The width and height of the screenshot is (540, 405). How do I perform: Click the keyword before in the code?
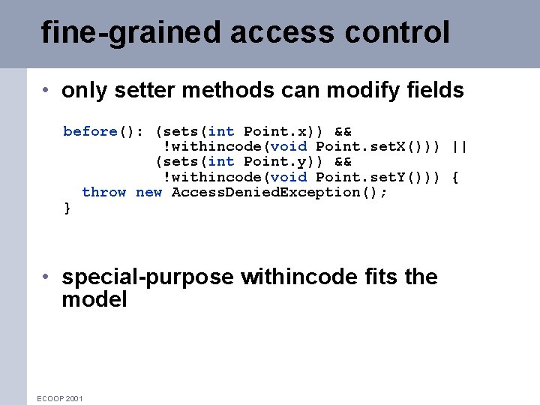pyautogui.click(x=90, y=131)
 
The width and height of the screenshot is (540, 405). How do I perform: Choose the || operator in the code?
pyautogui.click(x=460, y=146)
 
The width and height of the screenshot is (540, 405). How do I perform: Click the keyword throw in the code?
pyautogui.click(x=103, y=192)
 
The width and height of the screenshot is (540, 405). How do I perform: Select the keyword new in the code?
pyautogui.click(x=148, y=192)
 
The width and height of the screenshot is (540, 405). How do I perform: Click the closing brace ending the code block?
pyautogui.click(x=67, y=208)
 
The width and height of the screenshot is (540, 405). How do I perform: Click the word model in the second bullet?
pyautogui.click(x=94, y=300)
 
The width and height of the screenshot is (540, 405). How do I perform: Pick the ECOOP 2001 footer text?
pyautogui.click(x=60, y=398)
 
